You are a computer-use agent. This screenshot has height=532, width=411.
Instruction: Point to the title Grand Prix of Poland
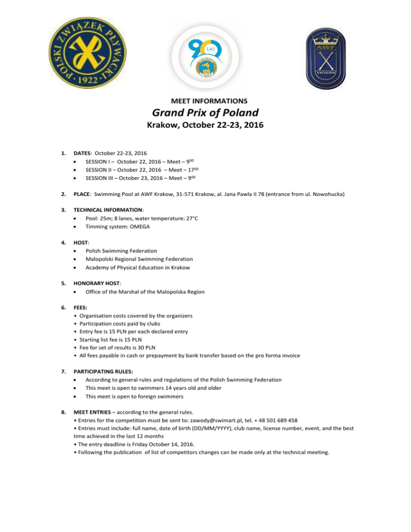tap(205, 113)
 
